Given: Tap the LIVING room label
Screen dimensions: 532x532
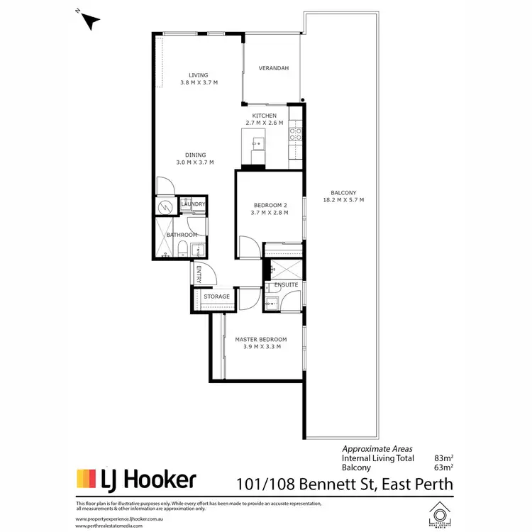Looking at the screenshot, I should tap(199, 75).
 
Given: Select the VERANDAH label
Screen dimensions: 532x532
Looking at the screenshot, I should tap(273, 69).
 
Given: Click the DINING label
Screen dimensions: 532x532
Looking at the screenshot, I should tap(196, 155).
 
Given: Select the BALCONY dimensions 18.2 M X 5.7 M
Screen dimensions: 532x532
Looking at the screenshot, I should tap(343, 201).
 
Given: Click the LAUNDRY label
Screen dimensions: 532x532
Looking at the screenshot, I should tap(193, 205).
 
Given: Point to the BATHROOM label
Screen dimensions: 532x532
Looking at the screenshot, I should tap(182, 235).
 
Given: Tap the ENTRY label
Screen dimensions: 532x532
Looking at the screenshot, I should tap(199, 274).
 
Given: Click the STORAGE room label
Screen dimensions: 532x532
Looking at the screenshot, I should tap(216, 297).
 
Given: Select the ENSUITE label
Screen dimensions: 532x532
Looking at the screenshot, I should tap(286, 285).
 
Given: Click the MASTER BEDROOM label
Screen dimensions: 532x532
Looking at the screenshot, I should tap(261, 340).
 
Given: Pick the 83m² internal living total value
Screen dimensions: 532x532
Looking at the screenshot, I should tap(443, 458).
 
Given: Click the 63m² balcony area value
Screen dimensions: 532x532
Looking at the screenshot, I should tap(443, 467).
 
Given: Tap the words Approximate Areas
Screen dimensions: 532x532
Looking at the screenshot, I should tap(377, 449).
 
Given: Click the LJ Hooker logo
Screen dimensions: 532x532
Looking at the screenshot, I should tap(135, 480).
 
